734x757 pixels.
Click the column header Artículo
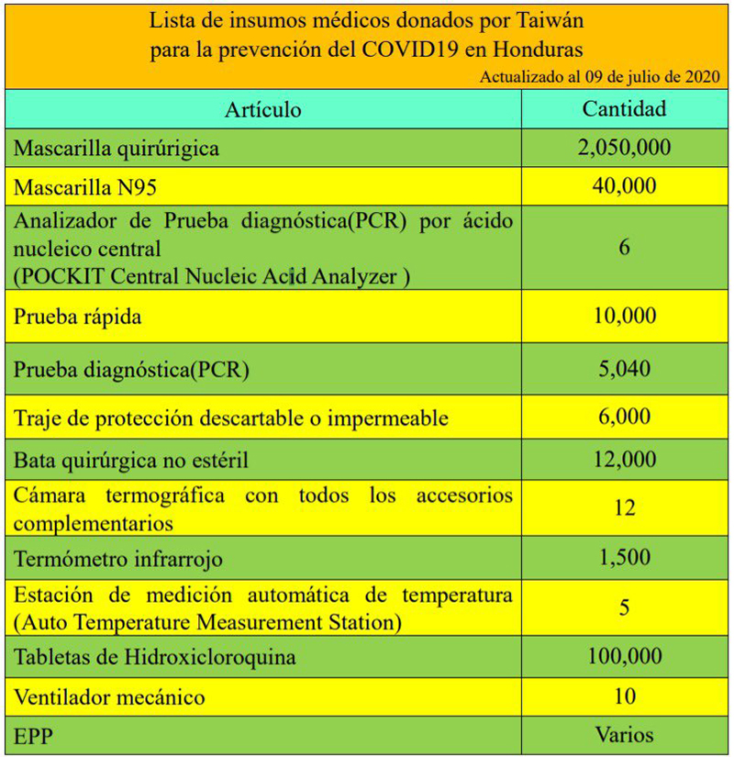263,111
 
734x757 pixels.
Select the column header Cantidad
625,109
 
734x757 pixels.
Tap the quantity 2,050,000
625,147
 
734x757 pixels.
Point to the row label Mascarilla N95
85,188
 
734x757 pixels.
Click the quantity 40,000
625,186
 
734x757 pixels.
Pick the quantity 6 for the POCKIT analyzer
625,248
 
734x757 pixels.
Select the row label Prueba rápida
77,317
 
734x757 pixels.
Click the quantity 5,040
625,369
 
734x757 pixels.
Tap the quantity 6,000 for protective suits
625,416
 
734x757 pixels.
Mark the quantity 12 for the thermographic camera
625,507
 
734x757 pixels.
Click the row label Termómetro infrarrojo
118,558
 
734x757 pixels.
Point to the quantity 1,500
625,557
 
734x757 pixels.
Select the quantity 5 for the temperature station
625,608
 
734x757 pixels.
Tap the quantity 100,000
625,656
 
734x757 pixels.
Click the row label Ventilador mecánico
109,697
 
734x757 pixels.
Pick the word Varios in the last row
625,734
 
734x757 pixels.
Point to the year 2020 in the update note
699,77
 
